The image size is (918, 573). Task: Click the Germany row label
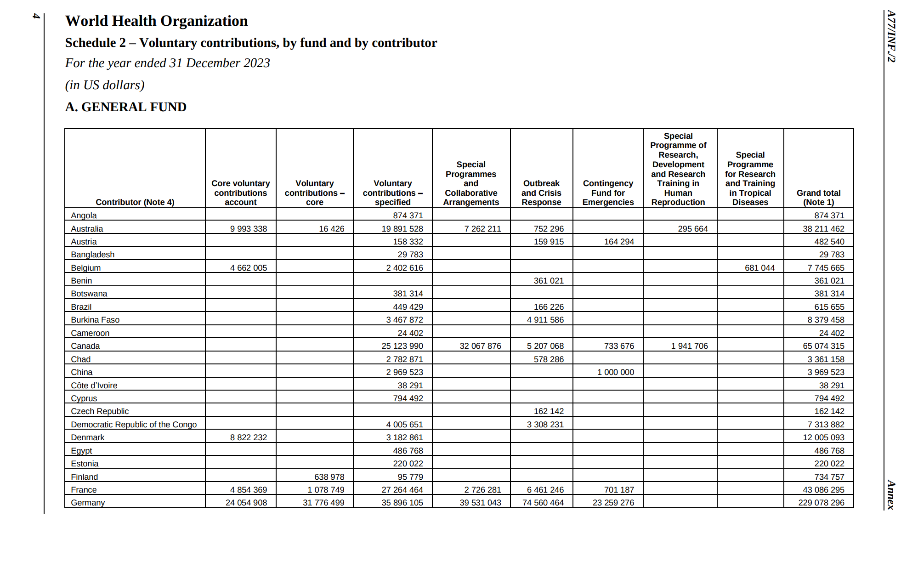point(88,503)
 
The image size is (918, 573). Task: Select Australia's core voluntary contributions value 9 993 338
point(248,229)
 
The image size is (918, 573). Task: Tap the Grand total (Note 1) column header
point(818,198)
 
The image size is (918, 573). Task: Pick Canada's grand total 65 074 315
point(823,346)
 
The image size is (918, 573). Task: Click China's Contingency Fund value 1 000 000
point(615,372)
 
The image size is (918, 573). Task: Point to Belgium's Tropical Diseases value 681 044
point(759,268)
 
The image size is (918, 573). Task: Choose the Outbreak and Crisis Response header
point(541,193)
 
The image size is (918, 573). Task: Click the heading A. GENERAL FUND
point(125,107)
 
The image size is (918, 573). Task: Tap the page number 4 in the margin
point(36,16)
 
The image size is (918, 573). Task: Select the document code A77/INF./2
point(891,37)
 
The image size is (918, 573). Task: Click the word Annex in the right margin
point(891,495)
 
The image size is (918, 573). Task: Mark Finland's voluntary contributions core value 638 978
point(329,477)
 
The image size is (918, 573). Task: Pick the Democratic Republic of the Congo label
point(134,425)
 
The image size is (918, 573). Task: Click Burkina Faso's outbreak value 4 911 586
point(545,320)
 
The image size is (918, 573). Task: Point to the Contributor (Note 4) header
point(135,202)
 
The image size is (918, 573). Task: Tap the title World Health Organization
point(156,21)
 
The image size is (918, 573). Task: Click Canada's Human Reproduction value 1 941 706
point(689,346)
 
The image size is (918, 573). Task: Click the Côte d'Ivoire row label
point(94,386)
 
